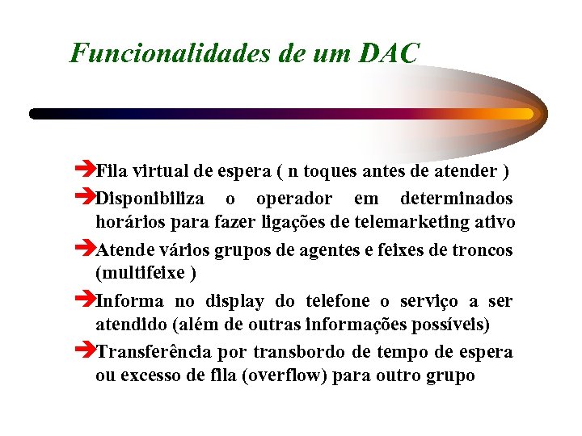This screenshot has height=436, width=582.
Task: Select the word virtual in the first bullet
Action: pyautogui.click(x=158, y=171)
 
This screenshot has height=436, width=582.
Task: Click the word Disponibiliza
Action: pyautogui.click(x=149, y=199)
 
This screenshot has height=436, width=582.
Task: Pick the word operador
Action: pyautogui.click(x=293, y=199)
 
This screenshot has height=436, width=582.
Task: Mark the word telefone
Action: pyautogui.click(x=339, y=301)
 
